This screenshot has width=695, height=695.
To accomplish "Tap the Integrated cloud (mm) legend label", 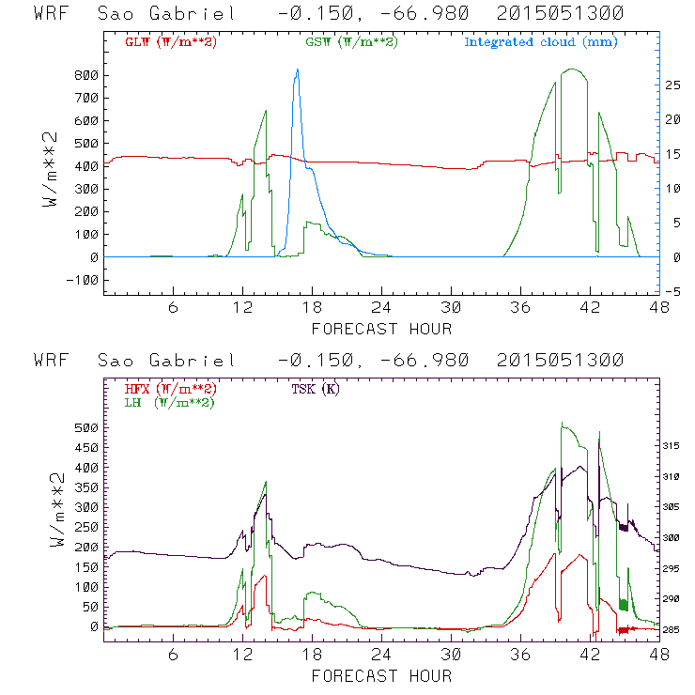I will click(x=541, y=42).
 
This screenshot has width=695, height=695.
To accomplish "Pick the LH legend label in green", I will click(x=168, y=402).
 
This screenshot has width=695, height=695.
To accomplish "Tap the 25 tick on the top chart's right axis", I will click(x=673, y=85).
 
